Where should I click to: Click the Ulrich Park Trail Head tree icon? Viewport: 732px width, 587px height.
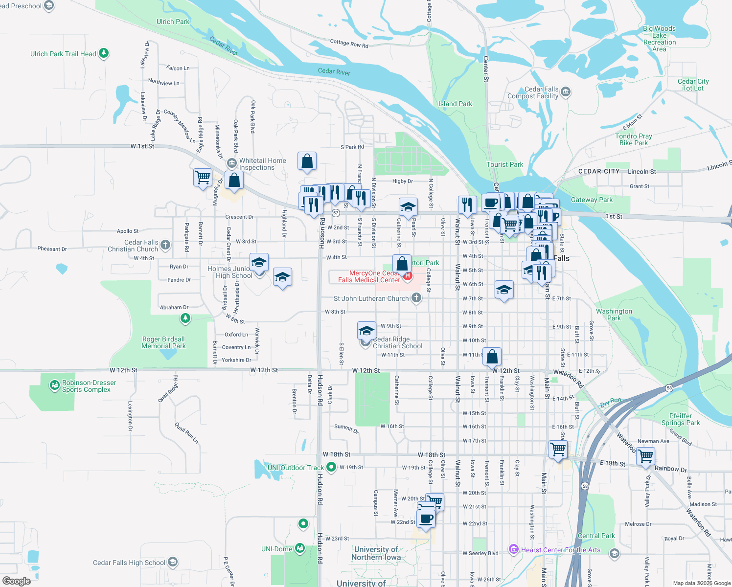click(x=104, y=53)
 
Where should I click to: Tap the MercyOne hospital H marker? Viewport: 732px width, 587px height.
click(x=407, y=276)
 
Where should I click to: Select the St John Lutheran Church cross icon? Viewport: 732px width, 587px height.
click(x=416, y=298)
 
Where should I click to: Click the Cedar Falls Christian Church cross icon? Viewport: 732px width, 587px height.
click(x=165, y=245)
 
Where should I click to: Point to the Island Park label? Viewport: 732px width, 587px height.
click(x=455, y=104)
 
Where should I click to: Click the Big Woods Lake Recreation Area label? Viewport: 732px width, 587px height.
click(x=659, y=39)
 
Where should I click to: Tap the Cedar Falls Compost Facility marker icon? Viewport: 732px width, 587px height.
click(x=566, y=92)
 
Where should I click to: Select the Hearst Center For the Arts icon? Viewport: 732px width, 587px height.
click(x=513, y=550)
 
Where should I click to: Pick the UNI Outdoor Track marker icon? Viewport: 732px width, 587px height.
click(x=331, y=467)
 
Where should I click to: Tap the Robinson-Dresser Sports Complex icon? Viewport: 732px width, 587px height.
click(x=55, y=386)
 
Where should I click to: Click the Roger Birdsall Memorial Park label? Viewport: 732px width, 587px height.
click(x=163, y=342)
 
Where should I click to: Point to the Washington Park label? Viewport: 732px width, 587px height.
click(x=614, y=315)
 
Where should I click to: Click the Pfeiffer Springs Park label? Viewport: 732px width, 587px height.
click(x=680, y=419)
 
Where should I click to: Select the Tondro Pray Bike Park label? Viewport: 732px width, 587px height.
click(x=633, y=139)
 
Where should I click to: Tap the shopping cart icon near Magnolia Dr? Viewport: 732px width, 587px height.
click(x=203, y=177)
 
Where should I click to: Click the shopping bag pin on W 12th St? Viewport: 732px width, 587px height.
click(x=492, y=357)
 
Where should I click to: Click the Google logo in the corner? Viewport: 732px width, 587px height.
click(x=16, y=581)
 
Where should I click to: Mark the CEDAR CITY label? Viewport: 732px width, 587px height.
click(x=598, y=171)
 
